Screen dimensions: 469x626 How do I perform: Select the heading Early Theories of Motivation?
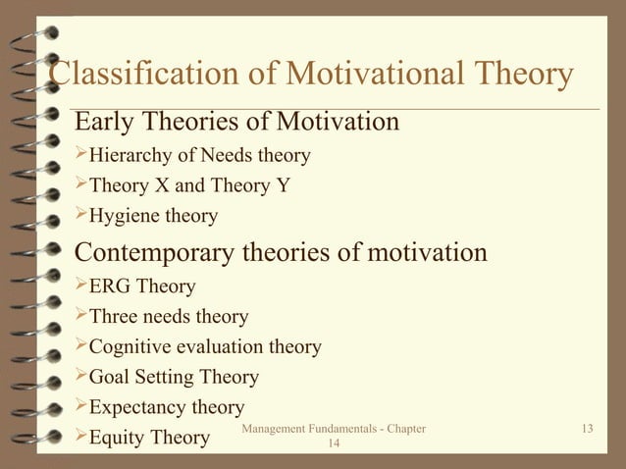pyautogui.click(x=237, y=123)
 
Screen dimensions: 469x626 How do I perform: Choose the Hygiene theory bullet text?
pyautogui.click(x=153, y=216)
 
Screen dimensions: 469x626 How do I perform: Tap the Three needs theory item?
pyautogui.click(x=168, y=317)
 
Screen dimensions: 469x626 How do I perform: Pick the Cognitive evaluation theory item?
pyautogui.click(x=204, y=346)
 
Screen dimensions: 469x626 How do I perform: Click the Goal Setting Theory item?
pyautogui.click(x=174, y=377)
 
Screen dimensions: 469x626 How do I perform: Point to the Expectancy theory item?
pyautogui.click(x=166, y=406)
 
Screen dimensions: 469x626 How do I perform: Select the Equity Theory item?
pyautogui.click(x=148, y=437)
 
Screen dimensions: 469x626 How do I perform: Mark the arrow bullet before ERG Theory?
pyautogui.click(x=81, y=287)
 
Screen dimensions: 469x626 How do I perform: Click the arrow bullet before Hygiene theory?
pyautogui.click(x=81, y=215)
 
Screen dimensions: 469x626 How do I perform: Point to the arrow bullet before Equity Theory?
pyautogui.click(x=81, y=436)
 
